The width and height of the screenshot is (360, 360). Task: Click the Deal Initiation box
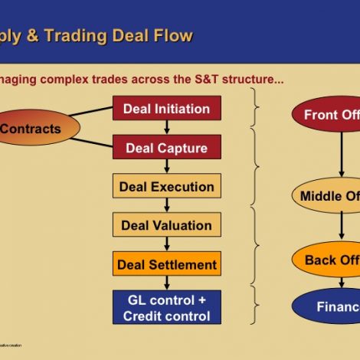167,108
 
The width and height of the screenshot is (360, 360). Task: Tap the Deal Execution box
167,186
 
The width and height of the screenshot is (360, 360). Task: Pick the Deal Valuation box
167,225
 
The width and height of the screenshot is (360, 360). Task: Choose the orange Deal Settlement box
167,264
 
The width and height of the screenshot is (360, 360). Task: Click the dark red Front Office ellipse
329,115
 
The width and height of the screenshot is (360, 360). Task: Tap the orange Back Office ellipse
329,260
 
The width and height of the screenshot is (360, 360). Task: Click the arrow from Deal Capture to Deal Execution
167,166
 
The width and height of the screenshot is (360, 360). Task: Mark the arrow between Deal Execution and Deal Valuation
167,205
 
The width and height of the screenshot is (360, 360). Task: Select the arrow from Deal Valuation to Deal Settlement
167,244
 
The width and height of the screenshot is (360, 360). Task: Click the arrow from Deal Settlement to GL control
167,283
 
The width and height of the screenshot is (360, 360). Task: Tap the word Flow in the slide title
173,36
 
